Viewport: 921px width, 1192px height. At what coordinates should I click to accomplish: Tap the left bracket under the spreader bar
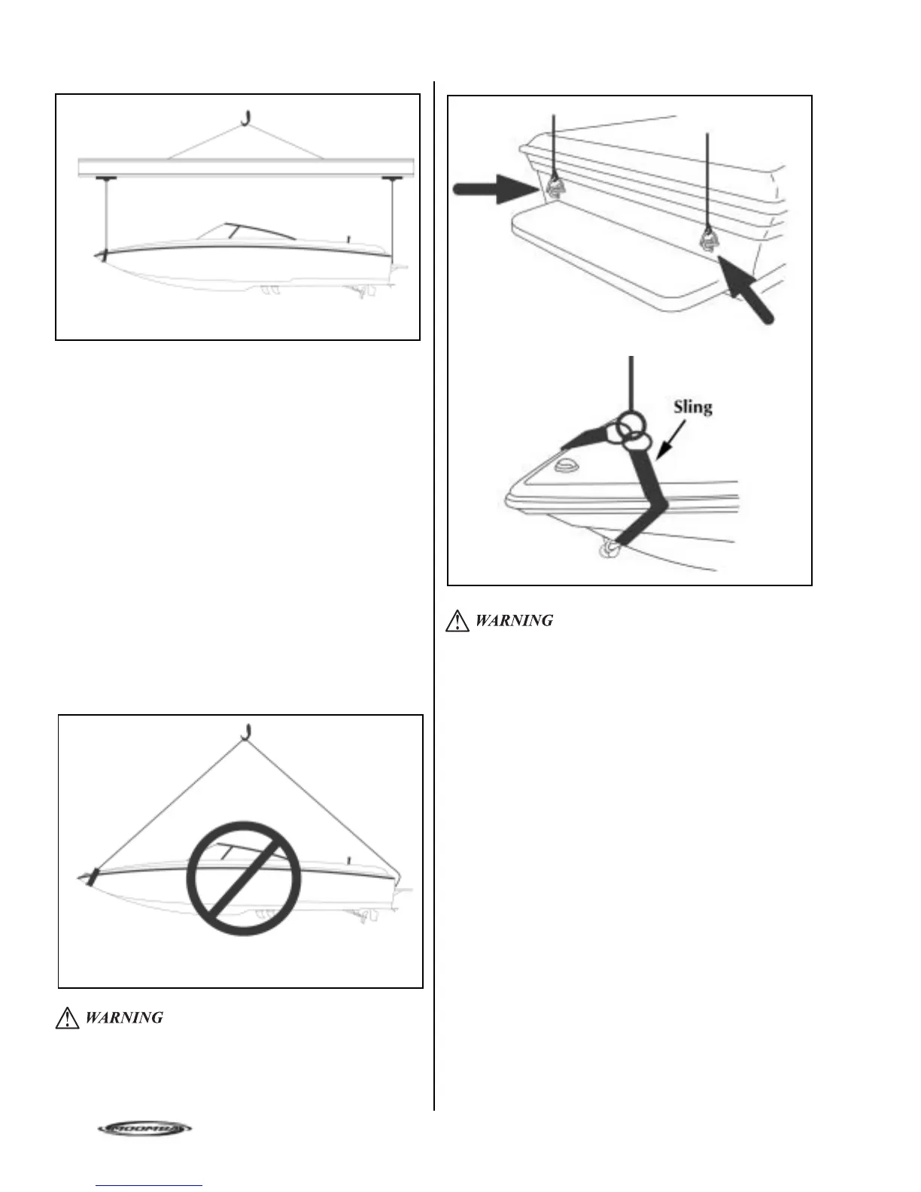(105, 178)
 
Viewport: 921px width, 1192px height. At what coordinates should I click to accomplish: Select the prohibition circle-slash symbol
(244, 878)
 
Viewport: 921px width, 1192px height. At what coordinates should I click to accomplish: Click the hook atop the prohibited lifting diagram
(245, 731)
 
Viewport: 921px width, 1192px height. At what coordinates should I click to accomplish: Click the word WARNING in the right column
(514, 621)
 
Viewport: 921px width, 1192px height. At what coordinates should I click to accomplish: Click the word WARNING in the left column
(124, 1018)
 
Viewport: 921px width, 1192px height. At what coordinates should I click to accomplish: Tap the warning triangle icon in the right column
(457, 621)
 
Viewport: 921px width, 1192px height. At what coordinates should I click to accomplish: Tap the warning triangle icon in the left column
(67, 1018)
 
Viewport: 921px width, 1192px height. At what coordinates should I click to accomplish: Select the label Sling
(692, 407)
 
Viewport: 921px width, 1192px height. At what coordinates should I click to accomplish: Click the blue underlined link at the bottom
(150, 1186)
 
